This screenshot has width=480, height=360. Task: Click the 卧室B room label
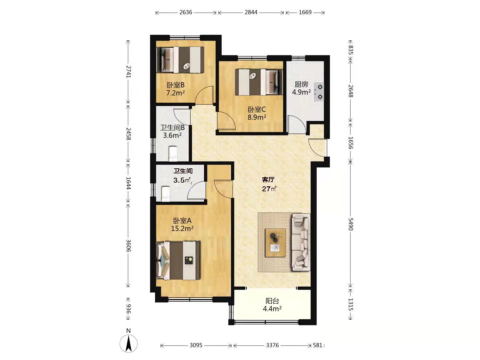click(175, 85)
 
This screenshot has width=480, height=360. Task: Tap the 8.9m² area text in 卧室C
click(257, 117)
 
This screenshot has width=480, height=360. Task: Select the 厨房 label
click(301, 84)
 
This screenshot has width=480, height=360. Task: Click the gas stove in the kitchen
click(319, 92)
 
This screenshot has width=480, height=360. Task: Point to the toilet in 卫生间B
click(173, 153)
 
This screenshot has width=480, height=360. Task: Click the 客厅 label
click(268, 180)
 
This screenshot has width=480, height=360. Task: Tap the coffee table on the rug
click(275, 243)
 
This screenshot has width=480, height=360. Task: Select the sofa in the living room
click(301, 242)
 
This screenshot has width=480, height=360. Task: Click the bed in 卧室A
click(178, 261)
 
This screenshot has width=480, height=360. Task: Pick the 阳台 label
click(272, 301)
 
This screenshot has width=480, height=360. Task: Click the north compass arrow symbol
click(128, 343)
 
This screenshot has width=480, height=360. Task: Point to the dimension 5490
click(350, 224)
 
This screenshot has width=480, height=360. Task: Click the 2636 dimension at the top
click(186, 12)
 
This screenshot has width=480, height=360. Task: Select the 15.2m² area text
click(182, 229)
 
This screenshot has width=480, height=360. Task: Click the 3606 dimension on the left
click(128, 246)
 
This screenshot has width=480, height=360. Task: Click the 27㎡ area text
click(269, 188)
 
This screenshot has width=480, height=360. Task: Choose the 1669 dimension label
click(305, 12)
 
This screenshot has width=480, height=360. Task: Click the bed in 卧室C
click(259, 82)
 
